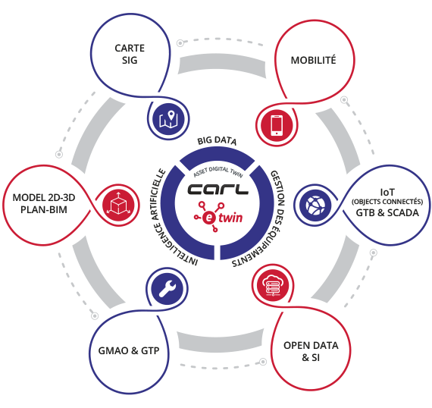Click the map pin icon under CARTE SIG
coord(168,119)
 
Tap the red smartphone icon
coord(277,125)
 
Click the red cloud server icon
coord(273,285)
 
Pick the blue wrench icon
coord(167,288)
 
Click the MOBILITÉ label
coord(314,60)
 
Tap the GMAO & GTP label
coord(129,350)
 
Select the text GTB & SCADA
coord(387,213)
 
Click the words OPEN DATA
coord(311,345)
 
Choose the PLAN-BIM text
coord(44,210)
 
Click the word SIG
coord(130,60)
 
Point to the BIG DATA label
coord(217,140)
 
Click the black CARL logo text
coord(218,189)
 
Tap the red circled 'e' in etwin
coord(209,218)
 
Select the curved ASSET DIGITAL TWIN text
coord(218,171)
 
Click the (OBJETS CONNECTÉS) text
coord(387,202)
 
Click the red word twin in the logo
coord(230,218)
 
